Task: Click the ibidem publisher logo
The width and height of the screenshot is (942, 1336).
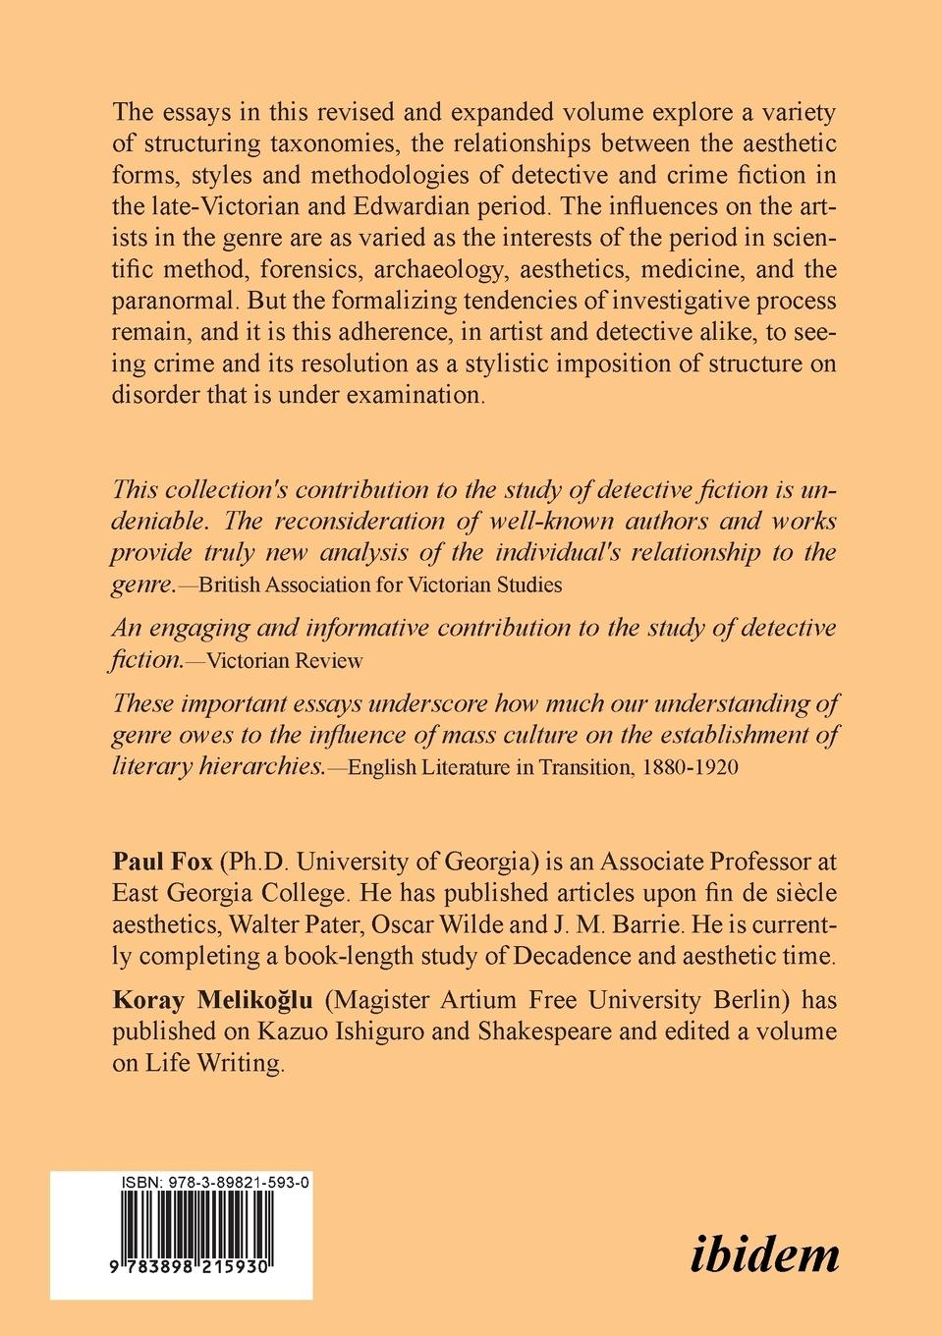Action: tap(764, 1254)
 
